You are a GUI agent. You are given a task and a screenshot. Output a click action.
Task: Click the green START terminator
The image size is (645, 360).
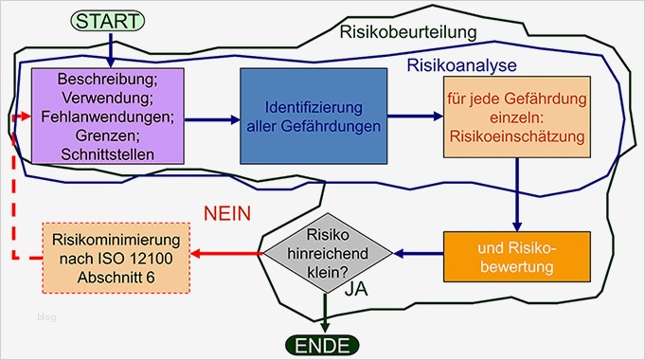coord(111,20)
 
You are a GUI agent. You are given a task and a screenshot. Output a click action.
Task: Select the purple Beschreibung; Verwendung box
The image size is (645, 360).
coord(107,116)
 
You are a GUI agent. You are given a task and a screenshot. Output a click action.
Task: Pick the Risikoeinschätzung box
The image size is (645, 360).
coord(516,117)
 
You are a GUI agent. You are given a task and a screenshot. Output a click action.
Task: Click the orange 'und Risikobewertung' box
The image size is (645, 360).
coord(517,256)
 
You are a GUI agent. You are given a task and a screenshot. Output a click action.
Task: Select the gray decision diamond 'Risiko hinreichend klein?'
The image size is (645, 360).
coord(327,253)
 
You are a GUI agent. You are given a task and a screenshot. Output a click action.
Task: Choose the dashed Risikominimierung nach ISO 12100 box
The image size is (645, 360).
coord(117,256)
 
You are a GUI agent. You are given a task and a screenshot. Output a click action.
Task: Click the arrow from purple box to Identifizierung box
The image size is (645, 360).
coord(208,120)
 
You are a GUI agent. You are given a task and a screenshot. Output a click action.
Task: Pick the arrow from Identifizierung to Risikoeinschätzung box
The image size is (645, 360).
coord(415,117)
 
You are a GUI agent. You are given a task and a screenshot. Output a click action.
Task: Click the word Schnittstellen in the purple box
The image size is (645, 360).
coord(107,154)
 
